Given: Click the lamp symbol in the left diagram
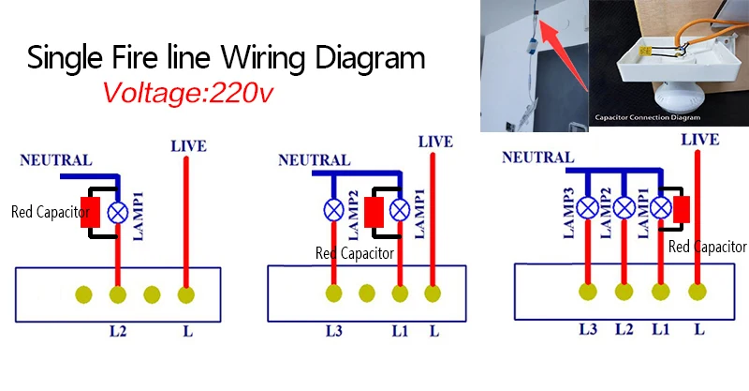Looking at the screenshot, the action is pos(118,212).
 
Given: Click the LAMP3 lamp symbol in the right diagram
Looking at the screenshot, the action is pos(588,207).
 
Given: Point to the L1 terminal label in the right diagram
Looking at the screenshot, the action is pos(660,329).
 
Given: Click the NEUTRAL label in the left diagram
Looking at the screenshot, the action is pos(56,160).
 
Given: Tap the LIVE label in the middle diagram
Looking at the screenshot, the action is pos(435,142).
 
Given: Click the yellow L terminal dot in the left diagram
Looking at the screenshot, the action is pos(186,295).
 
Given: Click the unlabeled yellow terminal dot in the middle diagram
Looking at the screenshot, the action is pos(367,293).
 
